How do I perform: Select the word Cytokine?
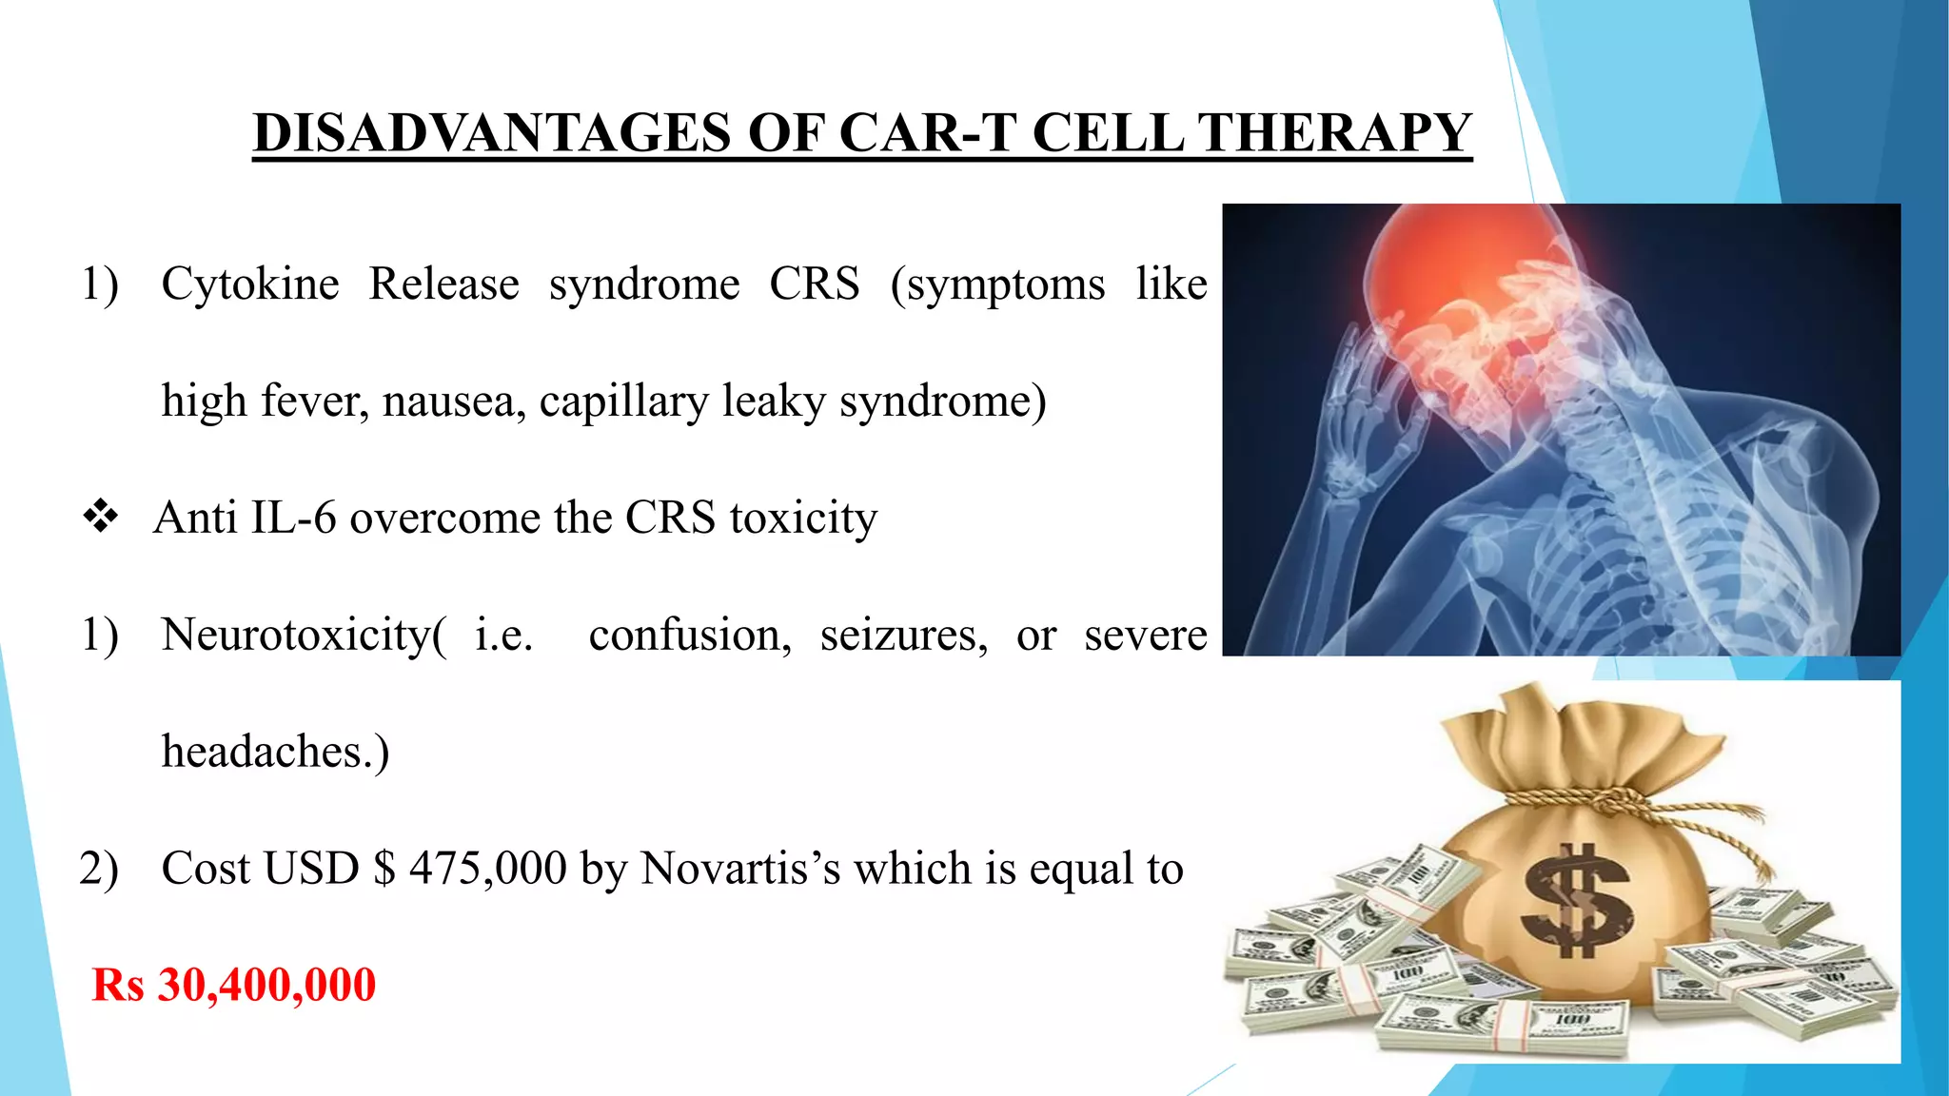pos(249,284)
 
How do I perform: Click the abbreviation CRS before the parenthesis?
pos(814,284)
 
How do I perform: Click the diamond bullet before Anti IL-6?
pos(100,518)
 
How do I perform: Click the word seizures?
pos(903,636)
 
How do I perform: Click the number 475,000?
pos(487,869)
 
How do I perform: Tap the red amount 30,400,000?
pos(266,985)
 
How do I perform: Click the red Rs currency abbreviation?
pos(118,985)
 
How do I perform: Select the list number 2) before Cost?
pos(99,869)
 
